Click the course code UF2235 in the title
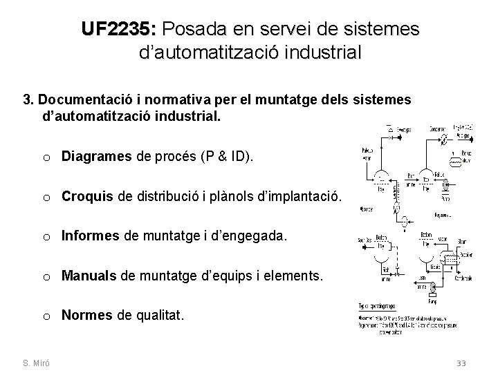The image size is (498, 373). pos(120,29)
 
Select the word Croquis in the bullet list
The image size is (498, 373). pos(86,197)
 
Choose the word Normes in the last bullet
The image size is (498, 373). pos(86,316)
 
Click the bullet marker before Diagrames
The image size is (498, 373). pos(45,157)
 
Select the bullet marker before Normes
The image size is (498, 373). pos(45,316)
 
